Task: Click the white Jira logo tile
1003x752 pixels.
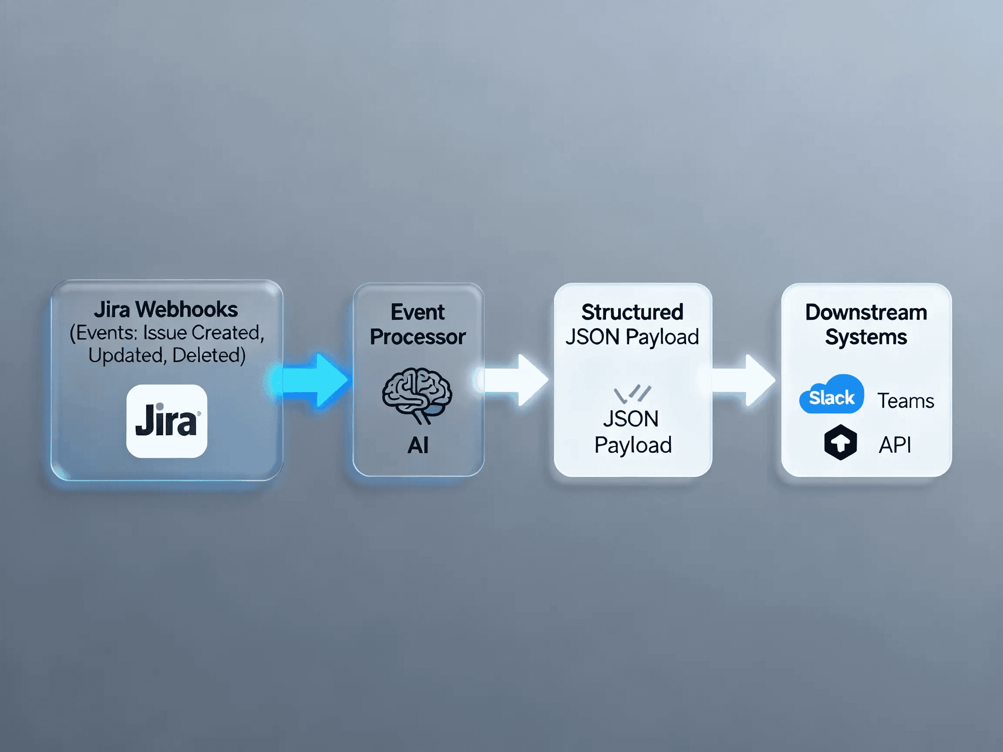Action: (166, 421)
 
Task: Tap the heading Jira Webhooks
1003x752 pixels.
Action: (166, 309)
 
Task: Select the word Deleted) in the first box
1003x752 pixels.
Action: (209, 355)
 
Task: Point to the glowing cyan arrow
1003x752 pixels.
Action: (313, 380)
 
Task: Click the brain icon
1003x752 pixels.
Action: (417, 394)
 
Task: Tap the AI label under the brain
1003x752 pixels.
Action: (417, 445)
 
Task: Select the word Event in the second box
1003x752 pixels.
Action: (417, 312)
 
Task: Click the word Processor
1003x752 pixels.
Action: (417, 337)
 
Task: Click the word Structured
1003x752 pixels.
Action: (632, 312)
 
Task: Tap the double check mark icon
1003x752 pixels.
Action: (632, 393)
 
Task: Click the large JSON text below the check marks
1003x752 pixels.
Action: (631, 419)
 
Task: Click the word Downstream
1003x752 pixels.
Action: (865, 312)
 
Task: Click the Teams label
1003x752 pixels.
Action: (905, 401)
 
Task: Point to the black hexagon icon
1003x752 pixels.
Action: (840, 443)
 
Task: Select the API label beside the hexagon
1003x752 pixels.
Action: (895, 445)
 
